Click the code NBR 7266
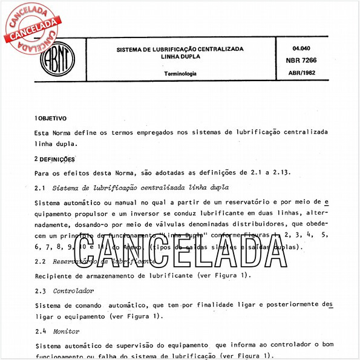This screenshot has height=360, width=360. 305,60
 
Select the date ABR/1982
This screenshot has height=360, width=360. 305,72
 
